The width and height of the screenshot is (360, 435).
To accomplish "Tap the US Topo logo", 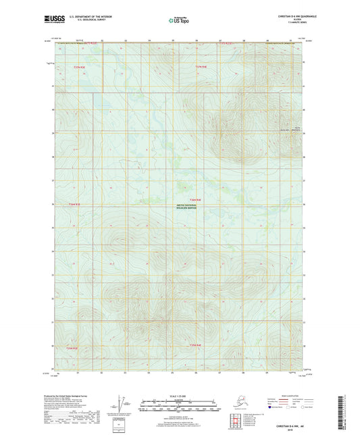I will coord(178,21).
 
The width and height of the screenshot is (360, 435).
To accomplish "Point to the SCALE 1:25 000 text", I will coord(180,396).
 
